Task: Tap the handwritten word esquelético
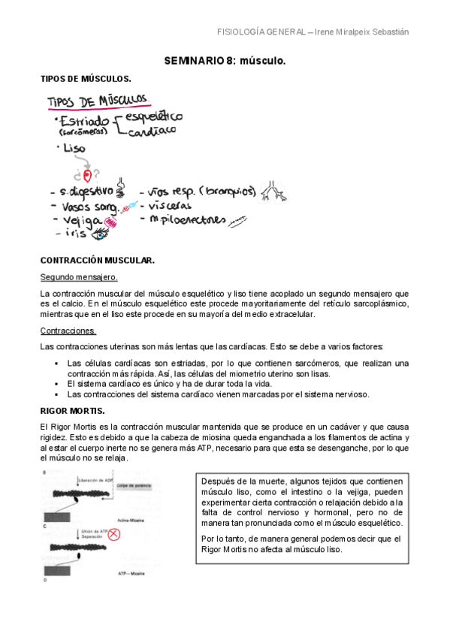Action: (157, 116)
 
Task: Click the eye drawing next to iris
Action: (99, 234)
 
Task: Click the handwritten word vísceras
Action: (171, 205)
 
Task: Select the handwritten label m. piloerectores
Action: (188, 220)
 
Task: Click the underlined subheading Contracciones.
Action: (68, 331)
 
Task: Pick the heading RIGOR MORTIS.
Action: (72, 411)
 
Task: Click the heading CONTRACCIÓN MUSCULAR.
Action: (97, 260)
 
